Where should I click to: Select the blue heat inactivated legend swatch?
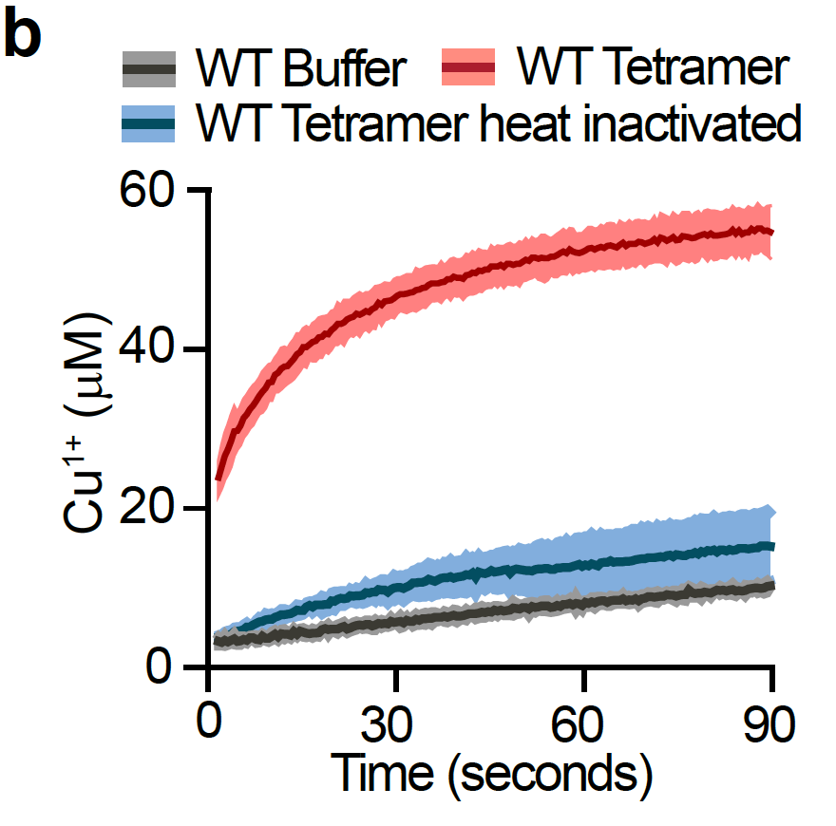coord(150,123)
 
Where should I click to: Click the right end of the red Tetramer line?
coord(772,232)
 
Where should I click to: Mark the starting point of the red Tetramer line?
coord(218,479)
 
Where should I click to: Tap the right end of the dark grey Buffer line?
coord(772,586)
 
